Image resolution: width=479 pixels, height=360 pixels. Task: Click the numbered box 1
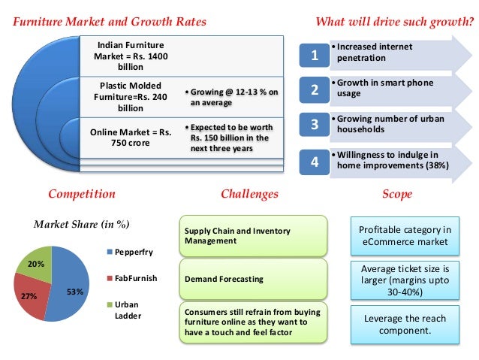[315, 55]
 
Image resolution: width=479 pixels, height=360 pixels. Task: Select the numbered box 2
[315, 90]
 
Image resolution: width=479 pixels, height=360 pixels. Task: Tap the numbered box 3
[315, 125]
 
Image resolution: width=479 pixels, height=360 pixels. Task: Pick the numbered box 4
[315, 160]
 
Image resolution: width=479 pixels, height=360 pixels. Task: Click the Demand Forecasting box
[253, 279]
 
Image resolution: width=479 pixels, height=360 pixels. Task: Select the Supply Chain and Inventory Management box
[253, 236]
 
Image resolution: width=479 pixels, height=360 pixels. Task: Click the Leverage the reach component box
[405, 325]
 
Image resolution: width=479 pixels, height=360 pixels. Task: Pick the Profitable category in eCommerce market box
[405, 235]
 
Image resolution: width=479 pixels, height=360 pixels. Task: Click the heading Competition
[82, 194]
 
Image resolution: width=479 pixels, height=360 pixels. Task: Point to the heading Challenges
[249, 194]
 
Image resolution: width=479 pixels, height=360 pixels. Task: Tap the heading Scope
[397, 194]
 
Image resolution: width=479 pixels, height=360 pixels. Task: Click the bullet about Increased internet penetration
[375, 52]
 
